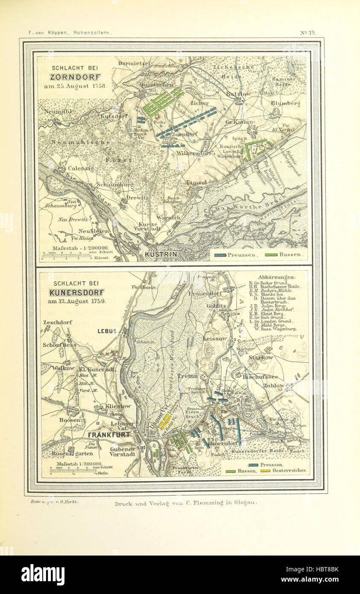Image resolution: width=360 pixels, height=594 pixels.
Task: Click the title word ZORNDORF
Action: [75, 77]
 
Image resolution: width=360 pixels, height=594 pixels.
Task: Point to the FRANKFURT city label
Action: [109, 435]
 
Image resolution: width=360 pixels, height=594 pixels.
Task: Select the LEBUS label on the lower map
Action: [107, 331]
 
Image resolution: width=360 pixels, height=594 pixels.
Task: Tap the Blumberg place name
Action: [285, 103]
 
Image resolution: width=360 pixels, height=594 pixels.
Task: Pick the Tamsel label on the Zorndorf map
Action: [196, 182]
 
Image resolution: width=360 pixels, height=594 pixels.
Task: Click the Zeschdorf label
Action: [57, 322]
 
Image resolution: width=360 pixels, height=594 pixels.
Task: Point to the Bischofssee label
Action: [260, 377]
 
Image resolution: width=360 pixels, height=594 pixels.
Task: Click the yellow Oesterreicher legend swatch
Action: [265, 471]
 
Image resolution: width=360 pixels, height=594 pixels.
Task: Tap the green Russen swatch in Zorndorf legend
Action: [270, 255]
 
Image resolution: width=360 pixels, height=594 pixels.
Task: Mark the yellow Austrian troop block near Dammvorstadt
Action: [164, 421]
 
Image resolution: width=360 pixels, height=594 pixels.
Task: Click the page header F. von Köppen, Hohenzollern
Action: [70, 32]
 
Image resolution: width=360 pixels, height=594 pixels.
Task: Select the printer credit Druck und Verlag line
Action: [186, 503]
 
